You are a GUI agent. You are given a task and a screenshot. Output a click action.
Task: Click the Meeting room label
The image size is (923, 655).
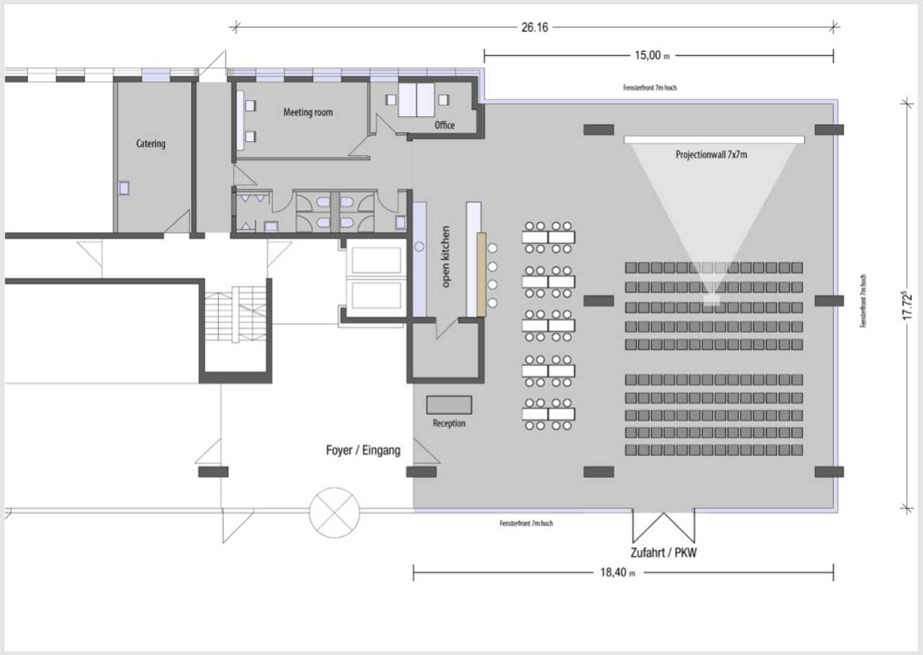click(x=308, y=112)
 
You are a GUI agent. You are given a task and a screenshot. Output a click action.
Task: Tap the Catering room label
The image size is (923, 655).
click(x=151, y=143)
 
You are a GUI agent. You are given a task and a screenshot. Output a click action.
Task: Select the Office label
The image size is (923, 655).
click(x=445, y=125)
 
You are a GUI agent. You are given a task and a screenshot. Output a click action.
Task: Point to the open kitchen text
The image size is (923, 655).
click(x=446, y=257)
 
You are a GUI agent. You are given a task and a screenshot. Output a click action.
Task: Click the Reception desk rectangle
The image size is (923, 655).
click(x=449, y=405)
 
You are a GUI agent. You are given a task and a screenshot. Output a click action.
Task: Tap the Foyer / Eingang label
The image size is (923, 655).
click(x=363, y=450)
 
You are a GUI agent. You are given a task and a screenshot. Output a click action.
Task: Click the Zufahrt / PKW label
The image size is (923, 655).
click(x=663, y=553)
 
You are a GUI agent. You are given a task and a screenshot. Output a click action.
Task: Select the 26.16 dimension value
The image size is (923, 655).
click(x=534, y=27)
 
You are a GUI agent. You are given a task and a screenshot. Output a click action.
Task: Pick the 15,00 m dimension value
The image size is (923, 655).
click(x=652, y=55)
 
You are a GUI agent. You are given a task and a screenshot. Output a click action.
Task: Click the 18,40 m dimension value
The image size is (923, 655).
click(x=617, y=572)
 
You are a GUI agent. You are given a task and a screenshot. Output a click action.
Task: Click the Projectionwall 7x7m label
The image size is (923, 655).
click(x=711, y=155)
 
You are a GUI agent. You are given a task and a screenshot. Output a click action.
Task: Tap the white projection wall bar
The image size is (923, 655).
click(x=714, y=140)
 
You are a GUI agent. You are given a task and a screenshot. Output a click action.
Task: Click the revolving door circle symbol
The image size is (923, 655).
click(x=334, y=512)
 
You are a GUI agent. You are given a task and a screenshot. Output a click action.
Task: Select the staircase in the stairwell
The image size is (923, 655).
click(x=236, y=315)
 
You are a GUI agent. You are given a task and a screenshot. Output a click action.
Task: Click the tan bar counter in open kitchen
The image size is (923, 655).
click(x=481, y=275)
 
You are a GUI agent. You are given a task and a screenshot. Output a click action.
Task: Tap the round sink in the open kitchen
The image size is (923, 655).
click(x=419, y=246)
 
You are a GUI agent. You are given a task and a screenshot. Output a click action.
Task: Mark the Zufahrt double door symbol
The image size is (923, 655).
click(x=663, y=527)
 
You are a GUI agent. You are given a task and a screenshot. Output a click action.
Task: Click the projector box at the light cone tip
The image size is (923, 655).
click(x=712, y=300)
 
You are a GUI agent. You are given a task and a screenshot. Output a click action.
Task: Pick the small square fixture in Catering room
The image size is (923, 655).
click(x=123, y=188)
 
